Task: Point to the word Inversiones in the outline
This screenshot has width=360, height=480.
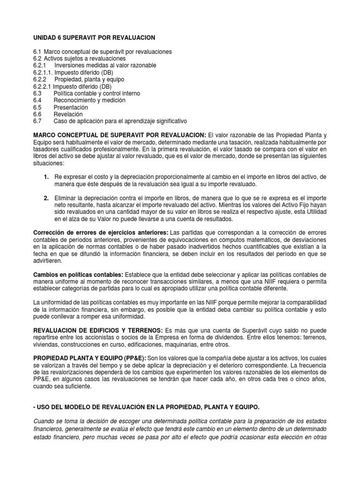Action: tap(74, 66)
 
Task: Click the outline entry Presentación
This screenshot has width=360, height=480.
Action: tap(71, 107)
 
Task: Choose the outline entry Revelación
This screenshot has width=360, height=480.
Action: tap(68, 114)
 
